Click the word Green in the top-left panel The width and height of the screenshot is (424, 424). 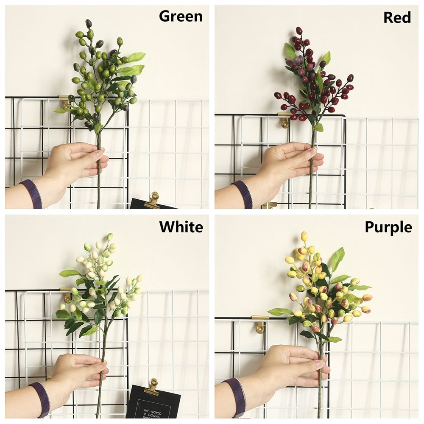coord(181,16)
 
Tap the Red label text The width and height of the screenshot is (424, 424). coord(397,17)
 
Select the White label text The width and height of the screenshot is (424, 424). coord(181,227)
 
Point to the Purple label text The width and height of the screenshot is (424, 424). coord(388,227)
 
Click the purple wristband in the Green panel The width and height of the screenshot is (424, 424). coord(32,194)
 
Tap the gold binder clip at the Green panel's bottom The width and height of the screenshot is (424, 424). coord(153,200)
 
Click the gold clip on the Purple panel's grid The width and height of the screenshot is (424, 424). coord(259,324)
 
